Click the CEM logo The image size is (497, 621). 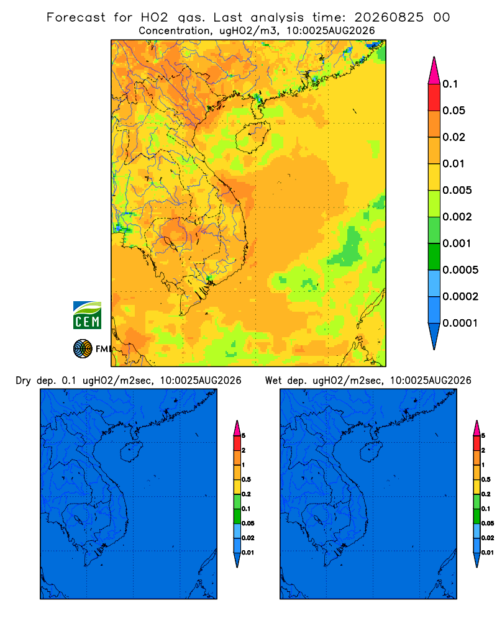pos(87,315)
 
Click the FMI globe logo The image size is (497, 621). pos(83,348)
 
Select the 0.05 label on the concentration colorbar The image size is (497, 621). pos(454,111)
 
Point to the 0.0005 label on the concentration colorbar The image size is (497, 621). pos(460,270)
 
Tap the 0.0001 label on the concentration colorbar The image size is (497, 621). pos(460,323)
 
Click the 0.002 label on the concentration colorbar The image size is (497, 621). pos(457,217)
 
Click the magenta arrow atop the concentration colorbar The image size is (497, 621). pos(434,70)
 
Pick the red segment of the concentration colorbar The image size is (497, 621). pos(434,97)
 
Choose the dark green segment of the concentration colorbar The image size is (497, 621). pos(434,256)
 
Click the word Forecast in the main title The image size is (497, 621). pos(76,17)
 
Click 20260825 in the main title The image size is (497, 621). pos(389,17)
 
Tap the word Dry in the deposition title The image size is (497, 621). pos(23,381)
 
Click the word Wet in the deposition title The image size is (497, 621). pos(273,381)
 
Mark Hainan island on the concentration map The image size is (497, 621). pos(253,137)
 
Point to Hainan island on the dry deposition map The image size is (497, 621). pos(131,451)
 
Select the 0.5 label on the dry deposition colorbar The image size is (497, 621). pos(246,479)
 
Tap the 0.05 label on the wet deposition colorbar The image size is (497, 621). pos(488,524)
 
